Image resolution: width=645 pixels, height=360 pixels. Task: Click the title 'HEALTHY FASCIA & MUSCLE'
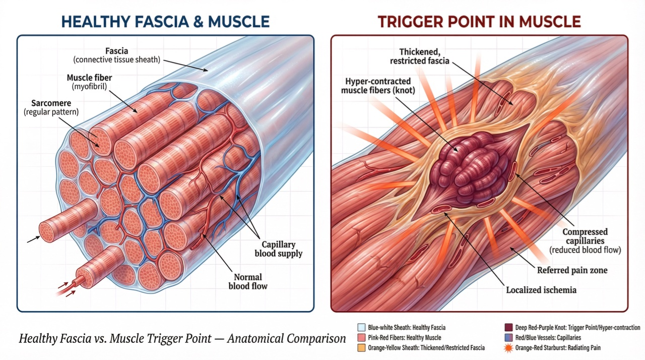[x=166, y=22]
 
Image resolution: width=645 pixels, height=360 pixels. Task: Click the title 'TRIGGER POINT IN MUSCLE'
[x=479, y=22]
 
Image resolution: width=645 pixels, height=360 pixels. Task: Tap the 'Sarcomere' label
[x=51, y=103]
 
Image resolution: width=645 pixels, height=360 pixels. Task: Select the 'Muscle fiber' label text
[x=89, y=78]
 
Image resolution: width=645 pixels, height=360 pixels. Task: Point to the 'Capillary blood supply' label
[x=279, y=249]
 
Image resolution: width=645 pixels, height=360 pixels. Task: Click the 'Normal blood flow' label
[x=248, y=281]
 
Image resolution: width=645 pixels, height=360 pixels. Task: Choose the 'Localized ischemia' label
[x=541, y=290]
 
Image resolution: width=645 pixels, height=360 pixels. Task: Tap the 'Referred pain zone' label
[x=572, y=270]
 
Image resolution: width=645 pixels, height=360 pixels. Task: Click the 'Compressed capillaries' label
[x=585, y=236]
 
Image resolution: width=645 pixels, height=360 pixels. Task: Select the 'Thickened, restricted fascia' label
[x=420, y=56]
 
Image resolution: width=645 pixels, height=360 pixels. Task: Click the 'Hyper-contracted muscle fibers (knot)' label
[x=378, y=86]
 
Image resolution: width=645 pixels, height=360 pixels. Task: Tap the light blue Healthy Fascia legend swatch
[x=361, y=327]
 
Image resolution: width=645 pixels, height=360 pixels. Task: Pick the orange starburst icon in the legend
[x=509, y=348]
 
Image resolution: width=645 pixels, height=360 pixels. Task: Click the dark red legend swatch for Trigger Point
[x=509, y=327]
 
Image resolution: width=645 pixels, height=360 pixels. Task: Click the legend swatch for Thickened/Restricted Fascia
[x=361, y=347]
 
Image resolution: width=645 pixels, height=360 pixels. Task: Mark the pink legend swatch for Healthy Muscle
[x=361, y=337]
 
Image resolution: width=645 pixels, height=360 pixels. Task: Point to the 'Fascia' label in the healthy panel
[x=116, y=51]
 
